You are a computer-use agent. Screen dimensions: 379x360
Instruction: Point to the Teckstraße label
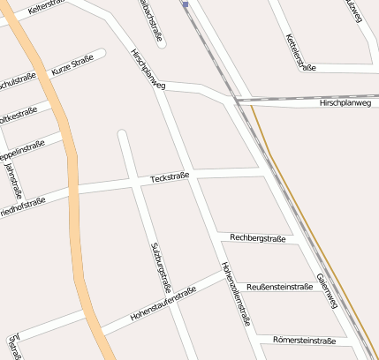(x=170, y=178)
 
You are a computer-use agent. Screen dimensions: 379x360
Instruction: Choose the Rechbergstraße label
(x=258, y=238)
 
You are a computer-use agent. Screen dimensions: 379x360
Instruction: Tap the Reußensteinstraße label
(x=279, y=287)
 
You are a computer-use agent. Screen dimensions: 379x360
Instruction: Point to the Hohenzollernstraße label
(x=231, y=295)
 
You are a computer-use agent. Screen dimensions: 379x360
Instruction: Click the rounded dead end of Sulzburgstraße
(x=122, y=135)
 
